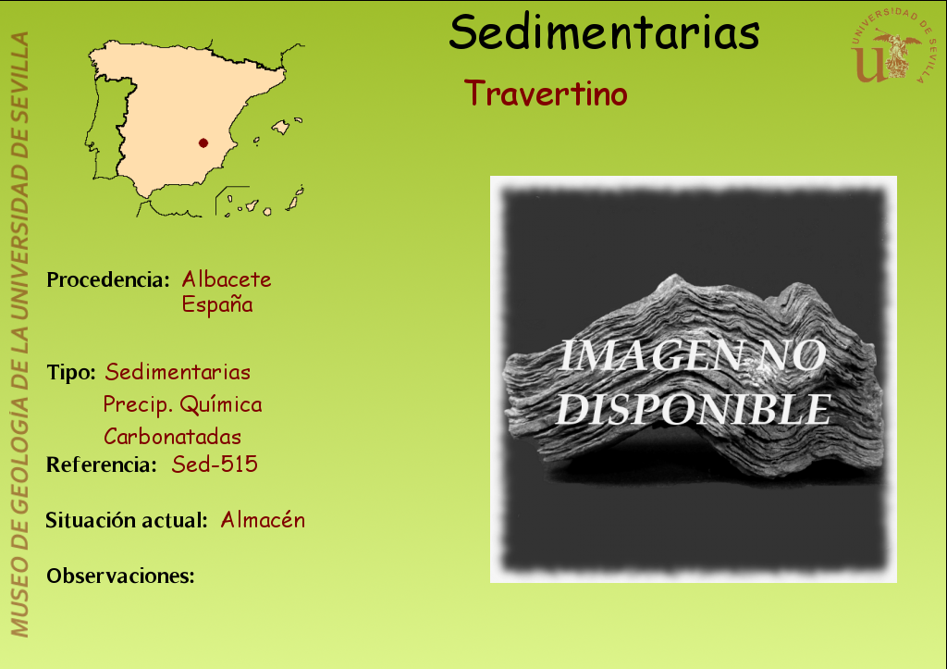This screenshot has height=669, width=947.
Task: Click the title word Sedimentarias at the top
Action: (604, 32)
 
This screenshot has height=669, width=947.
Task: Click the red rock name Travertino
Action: (546, 93)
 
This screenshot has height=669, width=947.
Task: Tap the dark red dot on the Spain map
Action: (203, 143)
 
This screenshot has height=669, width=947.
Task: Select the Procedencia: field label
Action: (108, 279)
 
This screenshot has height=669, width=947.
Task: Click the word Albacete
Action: (227, 279)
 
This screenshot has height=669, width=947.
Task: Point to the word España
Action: (217, 304)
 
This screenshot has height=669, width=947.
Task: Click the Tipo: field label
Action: (71, 372)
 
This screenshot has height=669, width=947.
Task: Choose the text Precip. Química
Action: (182, 404)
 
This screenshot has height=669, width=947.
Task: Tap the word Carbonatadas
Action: (173, 437)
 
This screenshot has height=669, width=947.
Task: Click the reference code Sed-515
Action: (215, 465)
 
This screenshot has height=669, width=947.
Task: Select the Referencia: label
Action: (102, 465)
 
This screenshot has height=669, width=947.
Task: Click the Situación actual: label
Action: (127, 520)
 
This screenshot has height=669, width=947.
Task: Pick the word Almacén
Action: (263, 520)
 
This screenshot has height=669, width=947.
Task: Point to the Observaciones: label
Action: (121, 576)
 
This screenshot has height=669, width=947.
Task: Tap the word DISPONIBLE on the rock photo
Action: (694, 409)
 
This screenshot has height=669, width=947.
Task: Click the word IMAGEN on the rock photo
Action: (650, 355)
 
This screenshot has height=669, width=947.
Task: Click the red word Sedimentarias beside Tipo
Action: (178, 372)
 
